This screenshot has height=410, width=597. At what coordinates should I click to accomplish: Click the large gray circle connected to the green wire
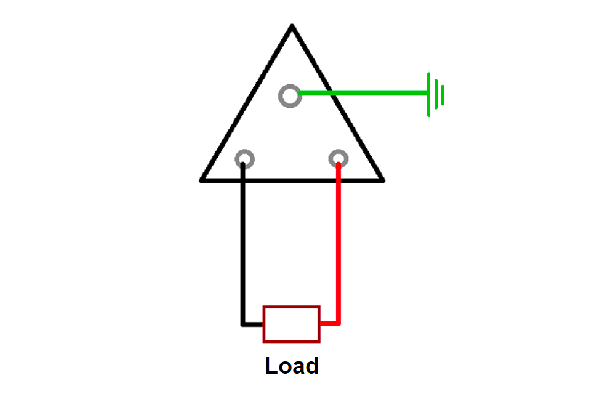click(x=281, y=96)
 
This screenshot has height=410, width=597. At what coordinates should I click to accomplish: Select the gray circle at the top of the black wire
click(x=237, y=159)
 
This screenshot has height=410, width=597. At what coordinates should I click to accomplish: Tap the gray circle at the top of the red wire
click(x=331, y=159)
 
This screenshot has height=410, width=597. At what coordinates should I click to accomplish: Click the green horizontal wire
click(x=363, y=93)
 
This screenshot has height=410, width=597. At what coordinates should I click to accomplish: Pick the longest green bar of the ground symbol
click(x=429, y=94)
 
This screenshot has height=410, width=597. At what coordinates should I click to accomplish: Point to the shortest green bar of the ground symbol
click(x=443, y=95)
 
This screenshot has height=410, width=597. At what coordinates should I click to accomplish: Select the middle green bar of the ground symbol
click(x=436, y=94)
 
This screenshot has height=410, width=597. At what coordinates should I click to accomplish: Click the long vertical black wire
click(x=243, y=244)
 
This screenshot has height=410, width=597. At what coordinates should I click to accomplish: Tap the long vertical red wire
click(x=339, y=244)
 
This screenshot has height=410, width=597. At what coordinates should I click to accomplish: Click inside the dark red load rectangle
click(x=291, y=324)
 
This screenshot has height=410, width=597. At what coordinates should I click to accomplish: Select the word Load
click(x=292, y=366)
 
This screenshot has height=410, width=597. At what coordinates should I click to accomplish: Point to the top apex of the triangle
click(x=292, y=25)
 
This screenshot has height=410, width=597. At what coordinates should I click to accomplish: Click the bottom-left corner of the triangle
click(x=201, y=180)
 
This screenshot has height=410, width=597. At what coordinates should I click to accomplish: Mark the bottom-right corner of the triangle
click(x=383, y=180)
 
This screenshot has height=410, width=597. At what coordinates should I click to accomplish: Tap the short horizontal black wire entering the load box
click(x=252, y=324)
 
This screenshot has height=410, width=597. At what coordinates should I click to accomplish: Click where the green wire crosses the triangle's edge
click(x=332, y=93)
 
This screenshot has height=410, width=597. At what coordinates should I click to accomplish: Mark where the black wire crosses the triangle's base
click(x=243, y=180)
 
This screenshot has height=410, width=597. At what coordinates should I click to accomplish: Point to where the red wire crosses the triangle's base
click(x=339, y=180)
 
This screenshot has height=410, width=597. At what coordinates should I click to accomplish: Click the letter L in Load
click(x=271, y=366)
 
